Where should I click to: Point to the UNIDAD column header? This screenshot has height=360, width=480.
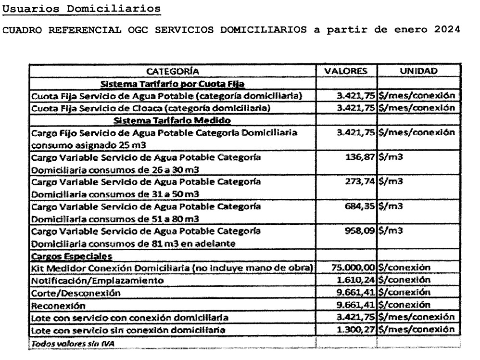(x=417, y=71)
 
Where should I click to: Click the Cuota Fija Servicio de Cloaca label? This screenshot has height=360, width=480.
(x=150, y=109)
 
